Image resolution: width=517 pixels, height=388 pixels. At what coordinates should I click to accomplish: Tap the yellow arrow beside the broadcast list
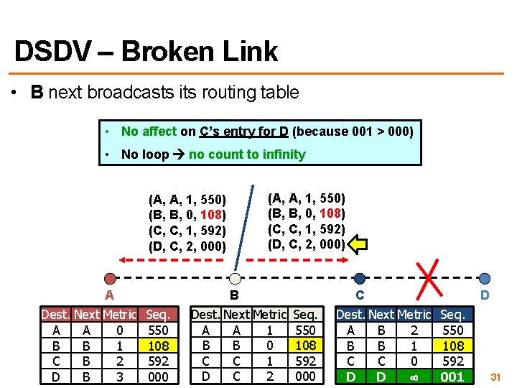click(357, 244)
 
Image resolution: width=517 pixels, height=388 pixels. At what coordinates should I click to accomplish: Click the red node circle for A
click(109, 278)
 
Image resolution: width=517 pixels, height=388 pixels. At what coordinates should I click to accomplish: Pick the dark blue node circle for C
click(360, 278)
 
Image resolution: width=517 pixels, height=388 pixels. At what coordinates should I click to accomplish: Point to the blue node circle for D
click(485, 278)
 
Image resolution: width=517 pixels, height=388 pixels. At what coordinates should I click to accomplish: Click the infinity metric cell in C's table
click(414, 377)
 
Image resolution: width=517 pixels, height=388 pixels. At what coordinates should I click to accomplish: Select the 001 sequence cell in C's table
click(452, 377)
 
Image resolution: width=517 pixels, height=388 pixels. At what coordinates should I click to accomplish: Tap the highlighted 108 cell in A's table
click(158, 346)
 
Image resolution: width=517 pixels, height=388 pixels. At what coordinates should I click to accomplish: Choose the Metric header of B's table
click(269, 315)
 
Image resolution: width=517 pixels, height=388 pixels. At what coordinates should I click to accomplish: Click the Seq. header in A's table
click(158, 315)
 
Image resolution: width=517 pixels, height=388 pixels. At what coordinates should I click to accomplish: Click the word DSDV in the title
click(52, 51)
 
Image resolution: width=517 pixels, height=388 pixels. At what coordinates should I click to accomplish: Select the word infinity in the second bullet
click(284, 154)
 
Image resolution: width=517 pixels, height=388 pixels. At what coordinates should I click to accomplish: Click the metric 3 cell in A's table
click(119, 377)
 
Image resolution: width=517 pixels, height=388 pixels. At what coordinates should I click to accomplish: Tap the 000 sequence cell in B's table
click(305, 377)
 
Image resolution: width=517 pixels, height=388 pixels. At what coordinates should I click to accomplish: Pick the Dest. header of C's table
click(350, 315)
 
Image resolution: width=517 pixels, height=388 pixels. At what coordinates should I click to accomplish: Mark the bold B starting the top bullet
click(37, 93)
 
